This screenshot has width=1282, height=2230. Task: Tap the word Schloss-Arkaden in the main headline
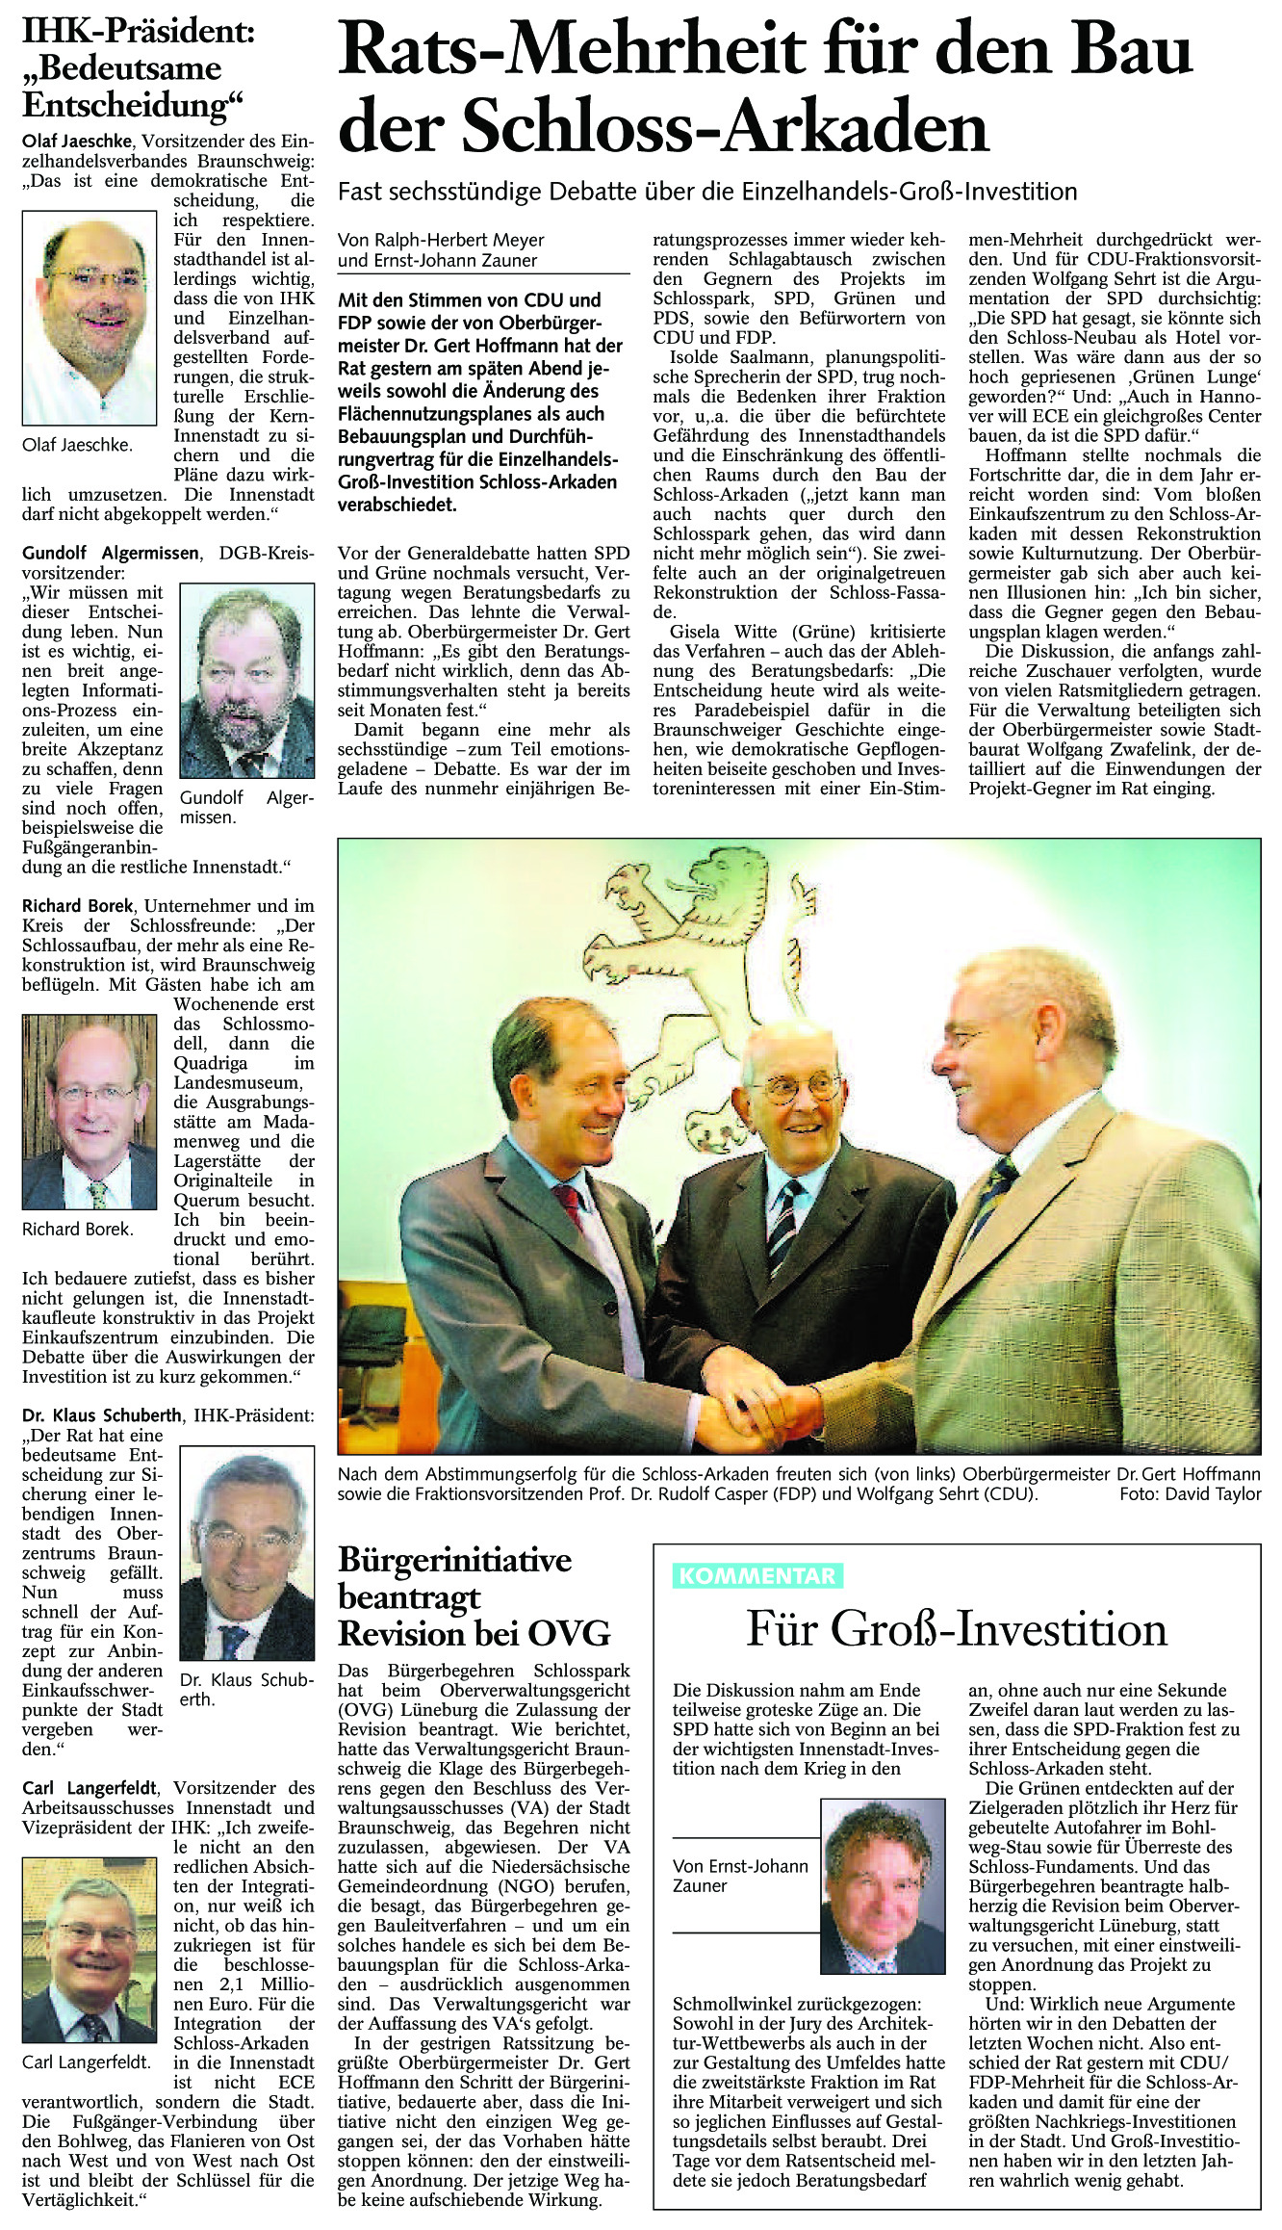(x=727, y=127)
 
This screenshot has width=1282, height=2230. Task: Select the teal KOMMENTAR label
(x=757, y=1575)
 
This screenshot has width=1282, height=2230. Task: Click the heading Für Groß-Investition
(x=957, y=1629)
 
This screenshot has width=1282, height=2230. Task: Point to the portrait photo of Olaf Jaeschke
(x=90, y=318)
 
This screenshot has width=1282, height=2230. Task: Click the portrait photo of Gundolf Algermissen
(x=247, y=681)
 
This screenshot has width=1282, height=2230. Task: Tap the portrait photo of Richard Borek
(x=90, y=1111)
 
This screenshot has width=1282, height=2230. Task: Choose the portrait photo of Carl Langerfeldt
(x=89, y=1962)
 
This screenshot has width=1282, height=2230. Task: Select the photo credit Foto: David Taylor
(x=1190, y=1494)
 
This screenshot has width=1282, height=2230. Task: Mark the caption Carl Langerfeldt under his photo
(x=87, y=2061)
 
